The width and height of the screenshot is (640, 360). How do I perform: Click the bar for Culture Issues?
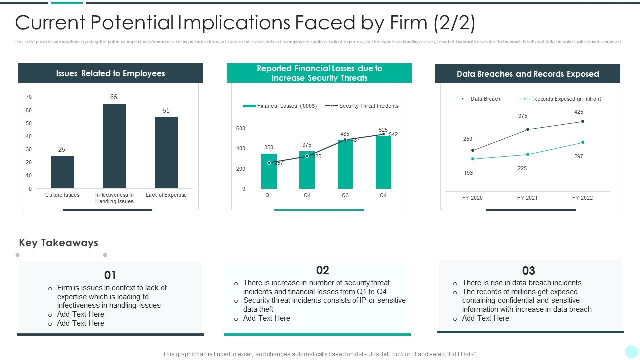(x=62, y=172)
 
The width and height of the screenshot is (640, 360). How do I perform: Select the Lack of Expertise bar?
(x=166, y=152)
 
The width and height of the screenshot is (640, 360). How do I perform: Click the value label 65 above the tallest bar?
(x=114, y=97)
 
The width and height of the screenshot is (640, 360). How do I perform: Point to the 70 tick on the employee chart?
(x=29, y=97)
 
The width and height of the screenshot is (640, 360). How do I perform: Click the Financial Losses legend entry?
(x=280, y=106)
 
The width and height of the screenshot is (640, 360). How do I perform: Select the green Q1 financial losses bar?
(x=269, y=171)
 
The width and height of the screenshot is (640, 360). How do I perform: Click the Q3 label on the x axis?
(x=345, y=195)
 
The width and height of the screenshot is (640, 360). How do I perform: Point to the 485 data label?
(x=345, y=134)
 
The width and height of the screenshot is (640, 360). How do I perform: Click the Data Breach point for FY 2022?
(x=583, y=121)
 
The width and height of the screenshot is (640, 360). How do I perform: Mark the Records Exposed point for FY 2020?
(x=473, y=159)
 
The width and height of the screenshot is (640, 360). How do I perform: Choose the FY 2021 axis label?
(x=527, y=198)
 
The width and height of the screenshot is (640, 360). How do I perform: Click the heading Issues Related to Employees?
(x=110, y=73)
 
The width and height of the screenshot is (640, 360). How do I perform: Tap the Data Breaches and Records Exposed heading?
(x=528, y=74)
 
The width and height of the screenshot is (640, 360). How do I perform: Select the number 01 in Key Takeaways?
(x=110, y=275)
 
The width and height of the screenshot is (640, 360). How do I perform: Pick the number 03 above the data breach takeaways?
(x=529, y=271)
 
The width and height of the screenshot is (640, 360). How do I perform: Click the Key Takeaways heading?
(x=58, y=243)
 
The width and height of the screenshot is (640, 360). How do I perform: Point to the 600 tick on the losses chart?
(x=241, y=128)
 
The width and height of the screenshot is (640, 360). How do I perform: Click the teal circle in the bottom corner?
(x=631, y=351)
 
